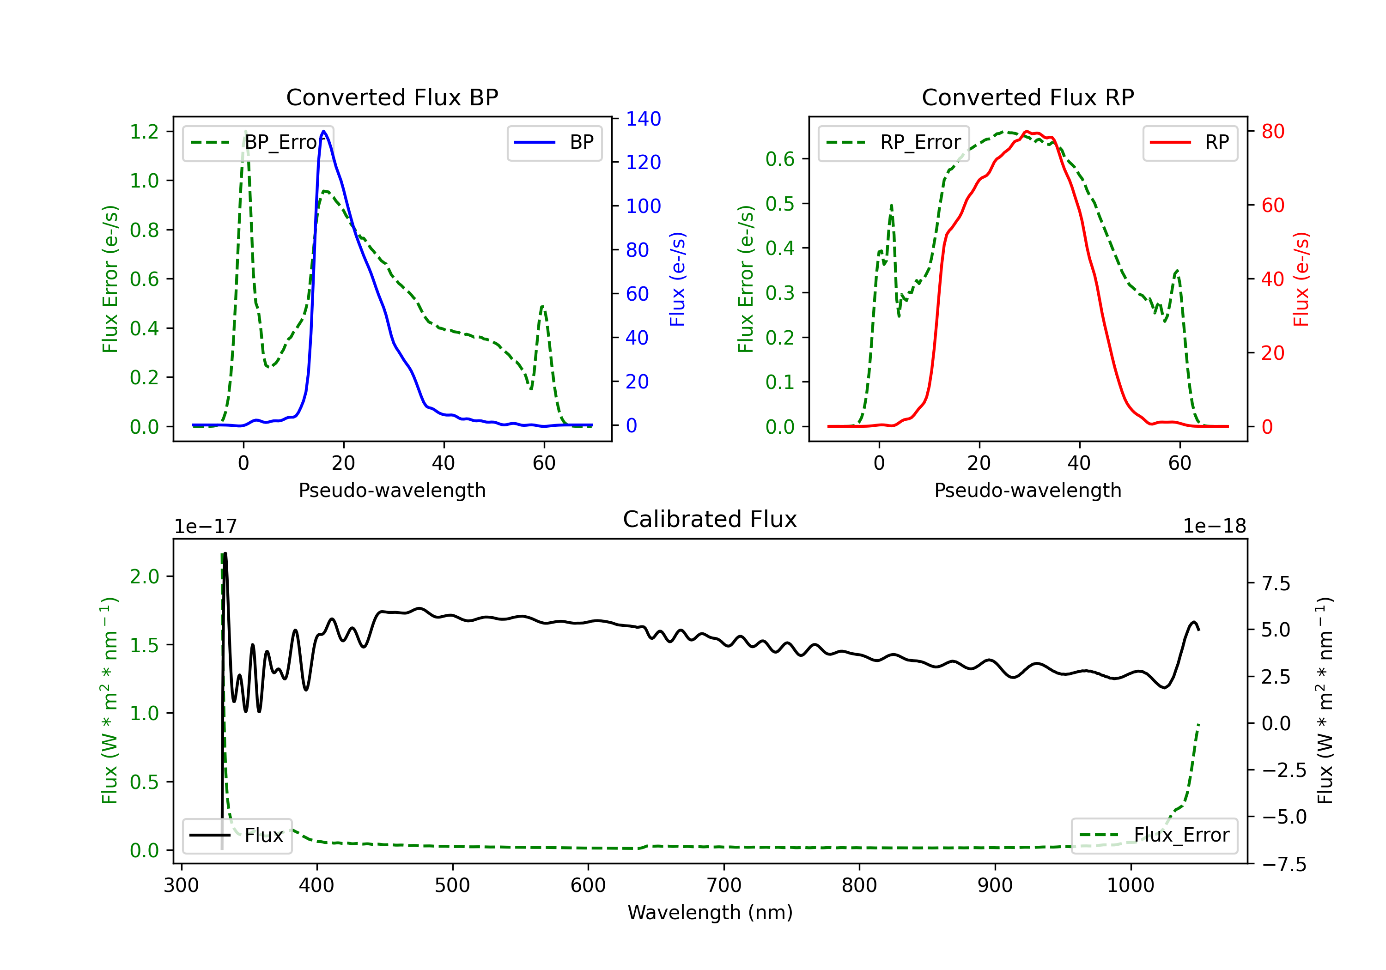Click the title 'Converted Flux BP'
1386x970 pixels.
click(x=392, y=97)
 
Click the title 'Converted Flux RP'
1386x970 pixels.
click(x=1027, y=97)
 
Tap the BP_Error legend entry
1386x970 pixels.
click(x=258, y=142)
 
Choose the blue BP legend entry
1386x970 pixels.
click(x=554, y=142)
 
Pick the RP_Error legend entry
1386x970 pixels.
click(x=894, y=142)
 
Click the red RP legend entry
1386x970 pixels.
click(x=1190, y=142)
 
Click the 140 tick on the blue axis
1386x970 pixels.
click(x=643, y=119)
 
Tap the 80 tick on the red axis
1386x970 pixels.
click(x=1272, y=131)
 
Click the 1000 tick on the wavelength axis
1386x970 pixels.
click(x=1130, y=885)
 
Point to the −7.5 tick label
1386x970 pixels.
click(x=1283, y=864)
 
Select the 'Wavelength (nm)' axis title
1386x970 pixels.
click(x=710, y=912)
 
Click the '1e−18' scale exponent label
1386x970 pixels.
click(x=1214, y=527)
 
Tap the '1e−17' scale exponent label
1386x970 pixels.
click(x=206, y=527)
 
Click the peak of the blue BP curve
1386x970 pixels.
click(x=323, y=131)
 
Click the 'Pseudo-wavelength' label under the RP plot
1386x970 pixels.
click(x=1027, y=490)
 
